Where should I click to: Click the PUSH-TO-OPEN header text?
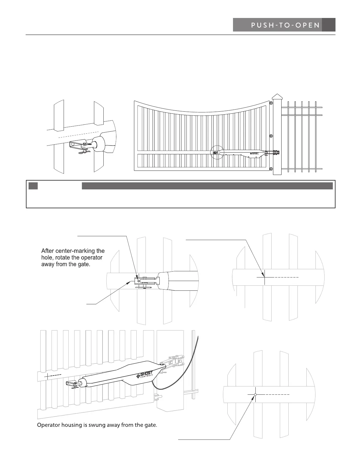pos(285,25)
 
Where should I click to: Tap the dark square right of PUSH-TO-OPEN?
pos(329,25)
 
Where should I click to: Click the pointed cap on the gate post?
pos(277,97)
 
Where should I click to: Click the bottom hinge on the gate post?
pos(271,169)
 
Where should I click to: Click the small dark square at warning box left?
pos(33,186)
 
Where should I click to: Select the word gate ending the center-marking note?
pos(83,264)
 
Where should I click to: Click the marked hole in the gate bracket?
pos(138,281)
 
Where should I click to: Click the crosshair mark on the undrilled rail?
pos(265,277)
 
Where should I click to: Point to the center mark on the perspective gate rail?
pos(47,376)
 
